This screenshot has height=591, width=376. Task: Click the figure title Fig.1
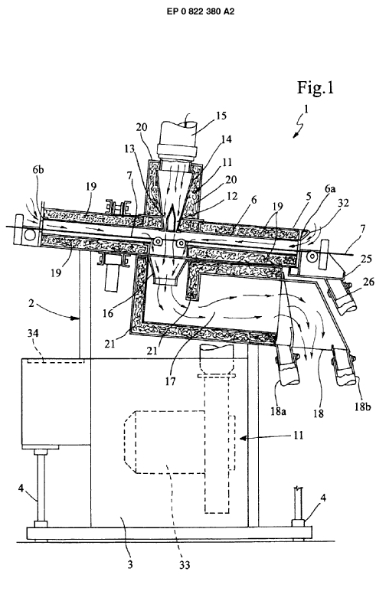click(316, 88)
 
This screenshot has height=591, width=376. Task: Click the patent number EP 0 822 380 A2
click(201, 11)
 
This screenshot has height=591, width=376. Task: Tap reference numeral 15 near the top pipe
click(221, 115)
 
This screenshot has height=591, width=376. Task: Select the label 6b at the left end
click(38, 170)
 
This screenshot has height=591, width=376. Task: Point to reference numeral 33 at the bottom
click(185, 565)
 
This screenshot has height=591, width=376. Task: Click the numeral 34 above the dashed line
click(34, 333)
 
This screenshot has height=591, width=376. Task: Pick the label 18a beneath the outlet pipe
click(278, 411)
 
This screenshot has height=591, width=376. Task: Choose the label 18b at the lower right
click(362, 407)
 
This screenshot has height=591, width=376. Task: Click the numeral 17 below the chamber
click(170, 381)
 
